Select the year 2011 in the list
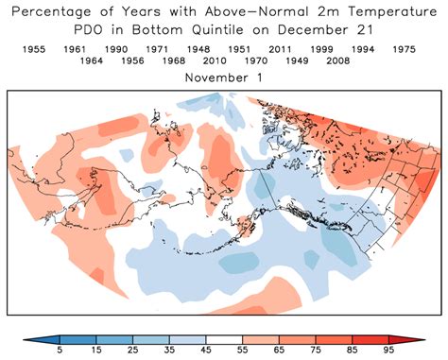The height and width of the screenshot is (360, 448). pos(281,48)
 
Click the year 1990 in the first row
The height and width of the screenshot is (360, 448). pos(116,48)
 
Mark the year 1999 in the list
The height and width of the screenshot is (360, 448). pos(322,48)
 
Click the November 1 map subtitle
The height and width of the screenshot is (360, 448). pos(223,77)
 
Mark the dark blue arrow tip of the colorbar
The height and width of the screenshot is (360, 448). pos(42,338)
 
